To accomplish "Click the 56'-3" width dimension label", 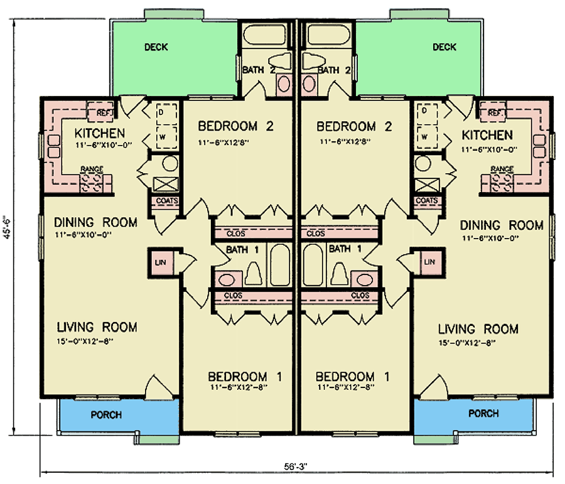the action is [x=295, y=466].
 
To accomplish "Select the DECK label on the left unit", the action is [x=156, y=47].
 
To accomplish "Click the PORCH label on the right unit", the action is [x=483, y=413].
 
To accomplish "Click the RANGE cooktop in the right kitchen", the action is [x=498, y=182].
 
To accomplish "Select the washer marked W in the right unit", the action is [x=427, y=137].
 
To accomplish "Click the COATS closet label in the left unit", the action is [x=167, y=200].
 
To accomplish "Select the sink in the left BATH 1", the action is [x=226, y=279].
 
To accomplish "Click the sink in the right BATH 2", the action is [x=309, y=84].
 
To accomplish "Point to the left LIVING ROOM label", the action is [x=97, y=327].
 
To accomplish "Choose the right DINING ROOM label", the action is [x=502, y=225].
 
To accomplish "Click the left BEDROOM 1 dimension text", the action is [x=239, y=387].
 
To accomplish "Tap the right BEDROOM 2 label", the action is [x=354, y=127].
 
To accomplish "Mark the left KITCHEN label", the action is [x=99, y=133].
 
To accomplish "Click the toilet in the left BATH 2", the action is [x=280, y=60].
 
